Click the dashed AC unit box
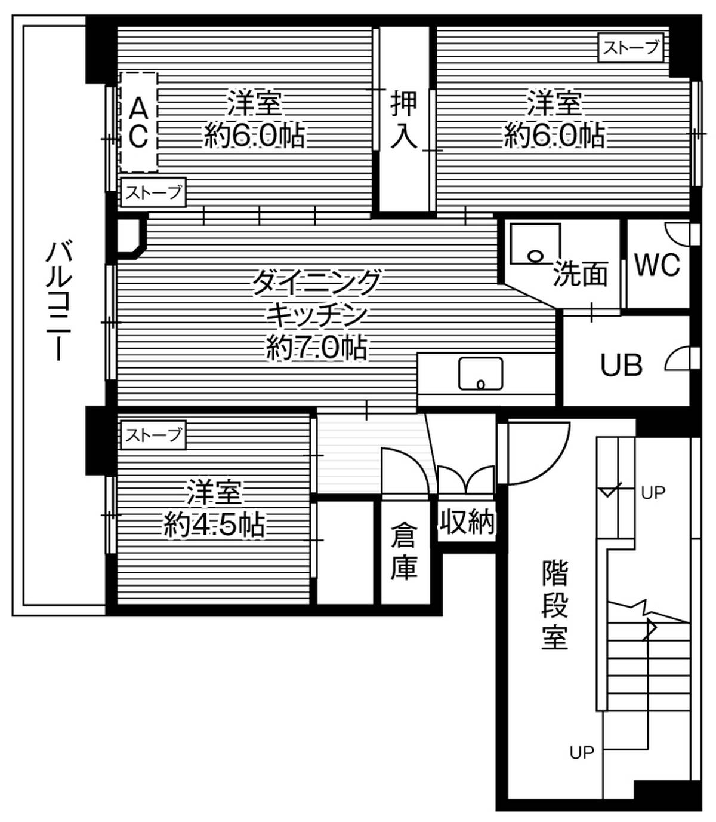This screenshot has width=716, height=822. coord(138,122)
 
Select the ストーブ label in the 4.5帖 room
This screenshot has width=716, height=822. coord(153,435)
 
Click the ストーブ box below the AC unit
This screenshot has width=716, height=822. coord(153,192)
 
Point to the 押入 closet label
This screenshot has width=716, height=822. coord(404,119)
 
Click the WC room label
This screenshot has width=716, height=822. coord(657,265)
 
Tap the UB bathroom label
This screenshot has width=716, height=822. coord(621,365)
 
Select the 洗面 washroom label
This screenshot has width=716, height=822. coord(580,274)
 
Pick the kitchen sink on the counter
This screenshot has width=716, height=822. coord(480,375)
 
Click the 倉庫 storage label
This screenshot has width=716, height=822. coord(404,551)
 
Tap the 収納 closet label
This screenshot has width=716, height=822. coord(467,522)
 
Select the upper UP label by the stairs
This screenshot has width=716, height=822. coord(653,493)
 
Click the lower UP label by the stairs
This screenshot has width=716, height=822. coord(582,753)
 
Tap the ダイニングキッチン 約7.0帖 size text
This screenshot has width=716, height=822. coord(316,348)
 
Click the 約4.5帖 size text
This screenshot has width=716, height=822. coord(214,525)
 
